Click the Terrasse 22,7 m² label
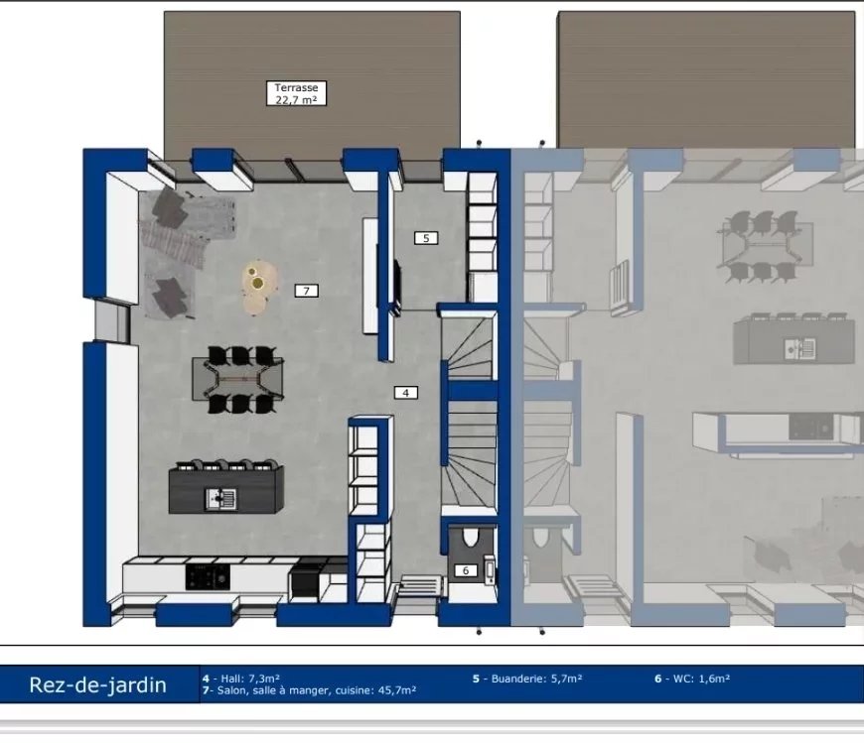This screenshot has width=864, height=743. coord(297,93)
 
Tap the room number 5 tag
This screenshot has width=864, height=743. coord(426,238)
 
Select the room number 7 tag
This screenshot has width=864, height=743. coord(306,291)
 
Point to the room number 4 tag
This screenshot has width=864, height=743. coord(406,393)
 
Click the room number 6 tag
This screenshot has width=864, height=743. coord(466,570)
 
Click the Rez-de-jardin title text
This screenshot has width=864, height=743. coord(97,684)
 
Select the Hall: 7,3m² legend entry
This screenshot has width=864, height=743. coord(241,679)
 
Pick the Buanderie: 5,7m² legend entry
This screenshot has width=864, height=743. coord(527,679)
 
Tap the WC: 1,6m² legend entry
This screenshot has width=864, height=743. coord(692,679)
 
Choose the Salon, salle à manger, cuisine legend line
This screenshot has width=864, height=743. coord(309,690)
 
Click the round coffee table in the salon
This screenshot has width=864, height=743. coord(258,287)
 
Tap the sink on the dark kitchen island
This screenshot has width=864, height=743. coord(220,499)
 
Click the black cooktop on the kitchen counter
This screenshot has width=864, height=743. coord(208,577)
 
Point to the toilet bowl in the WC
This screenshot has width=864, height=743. coord(470,537)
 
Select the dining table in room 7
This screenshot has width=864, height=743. coord(238,379)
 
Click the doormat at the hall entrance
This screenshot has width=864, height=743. coord(421,585)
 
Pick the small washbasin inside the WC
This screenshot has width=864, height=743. coord(489,569)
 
